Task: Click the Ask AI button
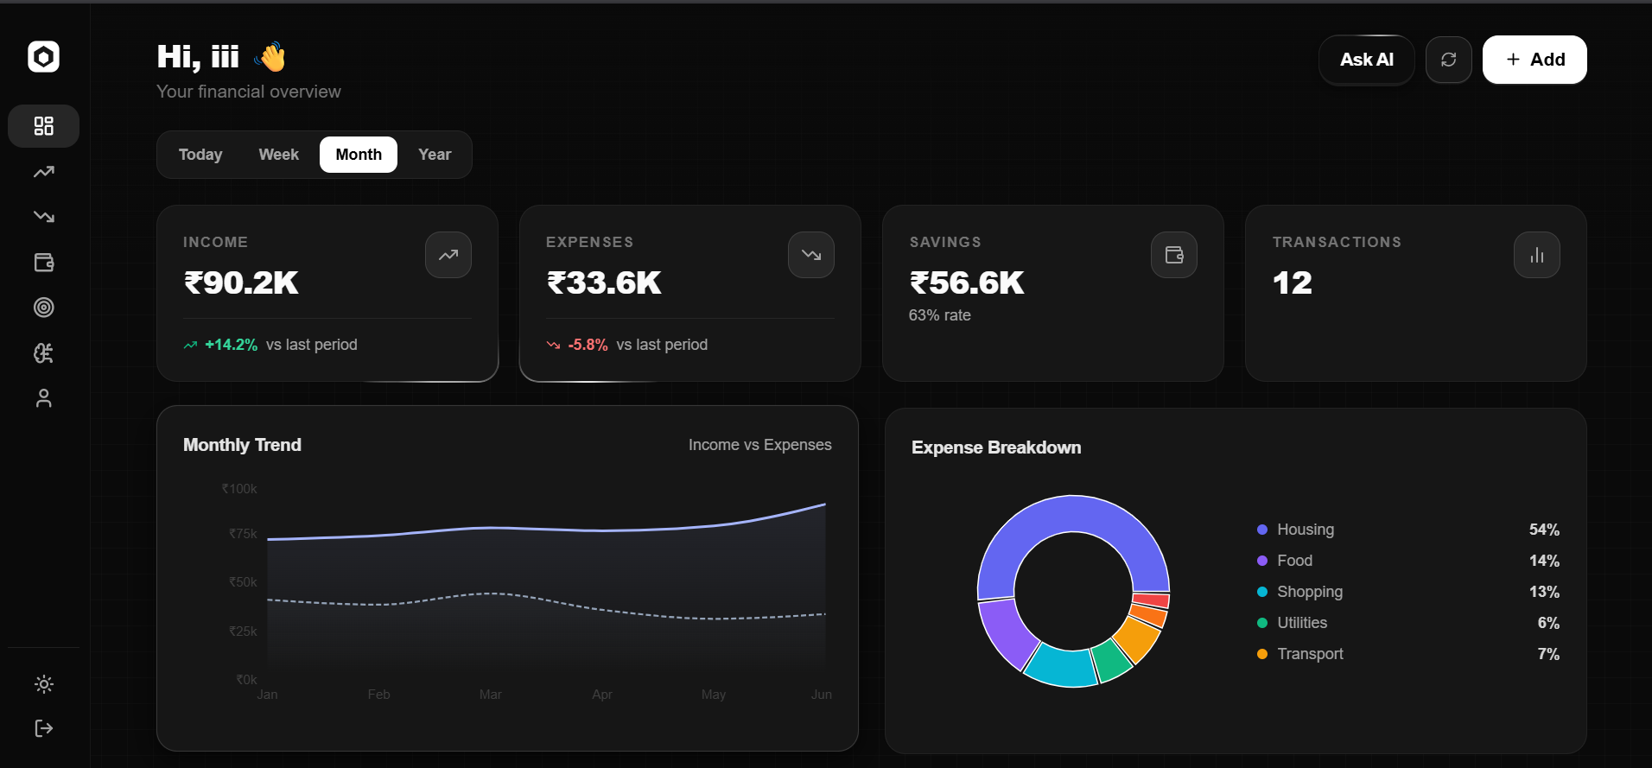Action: [1366, 60]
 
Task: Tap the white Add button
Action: [1534, 60]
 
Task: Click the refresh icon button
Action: [1449, 60]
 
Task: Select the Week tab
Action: [278, 155]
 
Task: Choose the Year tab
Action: [435, 155]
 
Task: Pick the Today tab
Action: [200, 155]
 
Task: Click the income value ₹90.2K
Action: [241, 282]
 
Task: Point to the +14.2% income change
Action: [231, 345]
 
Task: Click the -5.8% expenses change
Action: [588, 345]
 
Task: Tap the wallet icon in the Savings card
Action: [1174, 255]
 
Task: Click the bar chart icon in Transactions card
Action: [1537, 255]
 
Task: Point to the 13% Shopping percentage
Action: [1544, 592]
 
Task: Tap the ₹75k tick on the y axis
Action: [243, 534]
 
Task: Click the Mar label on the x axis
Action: [491, 695]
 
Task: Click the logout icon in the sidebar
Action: [43, 728]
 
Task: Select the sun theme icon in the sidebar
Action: [43, 684]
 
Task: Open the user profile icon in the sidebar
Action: [43, 397]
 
